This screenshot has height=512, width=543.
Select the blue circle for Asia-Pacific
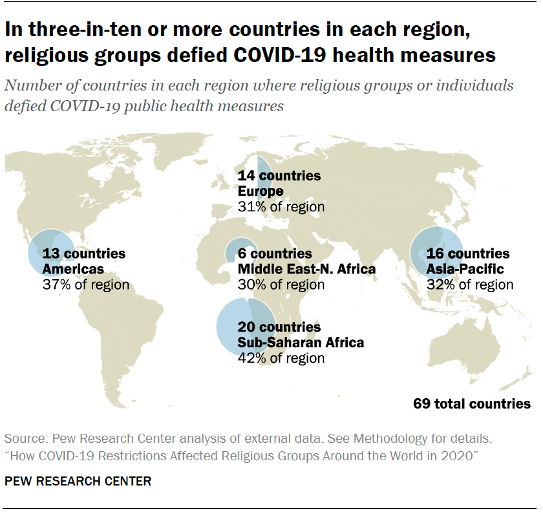(434, 253)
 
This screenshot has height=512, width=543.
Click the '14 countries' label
(279, 176)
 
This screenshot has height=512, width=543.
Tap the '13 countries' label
(83, 253)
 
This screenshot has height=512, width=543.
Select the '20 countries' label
(279, 327)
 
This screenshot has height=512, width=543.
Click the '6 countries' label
(275, 253)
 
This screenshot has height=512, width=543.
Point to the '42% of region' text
(281, 358)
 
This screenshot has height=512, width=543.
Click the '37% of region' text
(85, 284)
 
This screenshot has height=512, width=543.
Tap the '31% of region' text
(281, 207)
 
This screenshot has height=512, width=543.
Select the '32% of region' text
(470, 284)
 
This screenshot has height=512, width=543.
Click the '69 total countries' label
(472, 404)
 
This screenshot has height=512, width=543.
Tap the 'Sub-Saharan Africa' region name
(301, 343)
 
